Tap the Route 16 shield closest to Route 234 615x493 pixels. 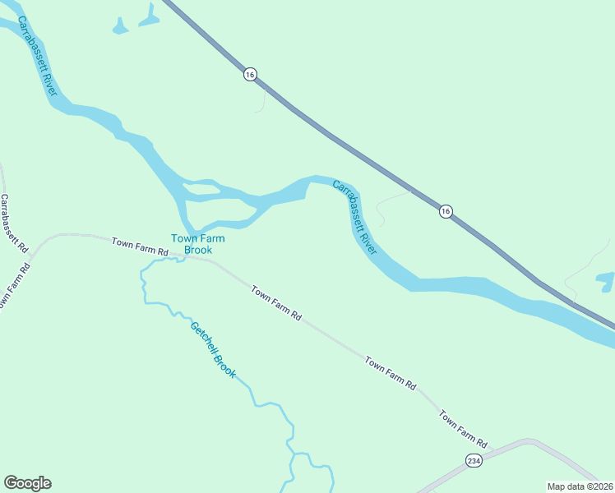[445, 211]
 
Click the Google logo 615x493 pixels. [27, 483]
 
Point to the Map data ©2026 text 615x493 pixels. [580, 486]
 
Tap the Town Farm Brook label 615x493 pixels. [192, 244]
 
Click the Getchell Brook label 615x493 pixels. [213, 350]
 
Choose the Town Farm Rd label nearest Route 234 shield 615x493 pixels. [463, 428]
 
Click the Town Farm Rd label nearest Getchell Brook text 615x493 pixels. [276, 302]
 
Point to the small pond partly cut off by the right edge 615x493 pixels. [607, 281]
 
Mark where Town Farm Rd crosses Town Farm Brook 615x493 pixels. [183, 257]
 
